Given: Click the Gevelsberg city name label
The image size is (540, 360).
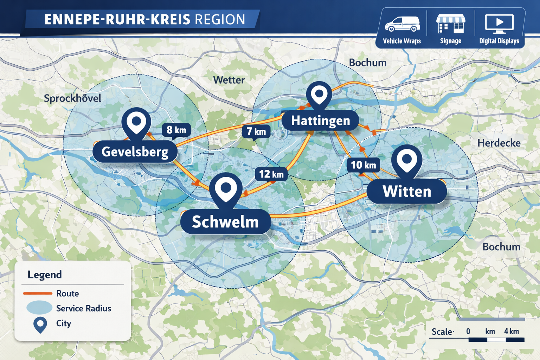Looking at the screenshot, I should pos(135,152).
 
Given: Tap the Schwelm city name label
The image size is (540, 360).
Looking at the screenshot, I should pos(225,222).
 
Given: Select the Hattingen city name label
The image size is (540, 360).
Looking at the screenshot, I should pos(320,121).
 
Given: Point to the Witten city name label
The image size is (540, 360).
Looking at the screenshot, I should pos(407,192).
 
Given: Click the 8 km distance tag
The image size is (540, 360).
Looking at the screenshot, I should pos(176,130).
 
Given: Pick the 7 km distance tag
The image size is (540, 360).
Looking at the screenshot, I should pos(256,131).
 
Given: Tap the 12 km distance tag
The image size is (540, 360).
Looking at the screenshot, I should pos(271,174).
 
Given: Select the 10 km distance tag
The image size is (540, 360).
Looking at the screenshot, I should pos(363,165).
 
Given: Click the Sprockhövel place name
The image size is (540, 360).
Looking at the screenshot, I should pos(72,98).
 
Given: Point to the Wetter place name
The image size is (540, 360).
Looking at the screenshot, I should pos(229,80).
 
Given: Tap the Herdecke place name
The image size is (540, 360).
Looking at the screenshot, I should pos(499,143).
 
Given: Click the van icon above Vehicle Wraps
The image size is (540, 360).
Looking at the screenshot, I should pos(402,24).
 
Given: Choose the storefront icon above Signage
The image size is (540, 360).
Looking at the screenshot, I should pos(451,24).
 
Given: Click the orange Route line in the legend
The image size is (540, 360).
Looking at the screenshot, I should pos(38,293).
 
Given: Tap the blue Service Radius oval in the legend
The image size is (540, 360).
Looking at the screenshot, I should pos(39,308).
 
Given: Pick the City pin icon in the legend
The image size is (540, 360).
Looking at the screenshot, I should pos(40,324).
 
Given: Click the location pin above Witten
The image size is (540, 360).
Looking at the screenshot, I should pos(407,160).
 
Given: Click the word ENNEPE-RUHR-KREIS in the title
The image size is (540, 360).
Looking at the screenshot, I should pos(117,20).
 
